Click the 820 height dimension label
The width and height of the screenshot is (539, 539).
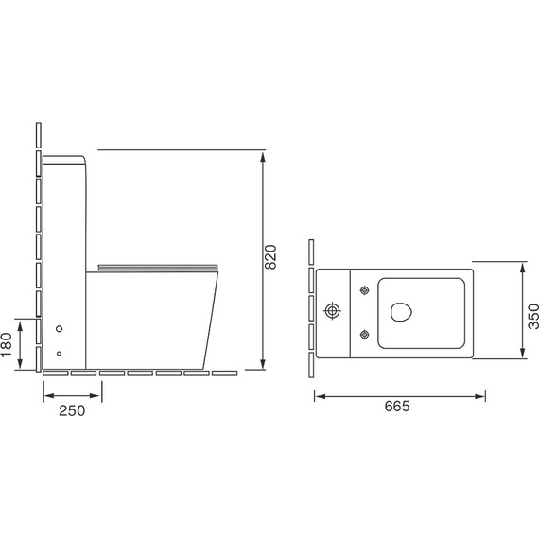tap(270, 257)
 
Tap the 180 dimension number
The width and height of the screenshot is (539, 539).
tap(7, 345)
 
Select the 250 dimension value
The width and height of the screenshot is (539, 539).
tap(72, 410)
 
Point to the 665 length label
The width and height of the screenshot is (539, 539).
tap(397, 406)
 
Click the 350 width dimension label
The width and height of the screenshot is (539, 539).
tap(533, 317)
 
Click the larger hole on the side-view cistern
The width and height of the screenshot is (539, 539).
tap(60, 329)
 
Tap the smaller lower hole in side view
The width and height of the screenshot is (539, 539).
tap(60, 354)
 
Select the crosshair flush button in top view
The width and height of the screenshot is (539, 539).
tap(332, 311)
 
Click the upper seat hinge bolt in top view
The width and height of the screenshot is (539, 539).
tap(365, 290)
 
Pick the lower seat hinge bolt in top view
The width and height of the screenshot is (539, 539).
tap(365, 334)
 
